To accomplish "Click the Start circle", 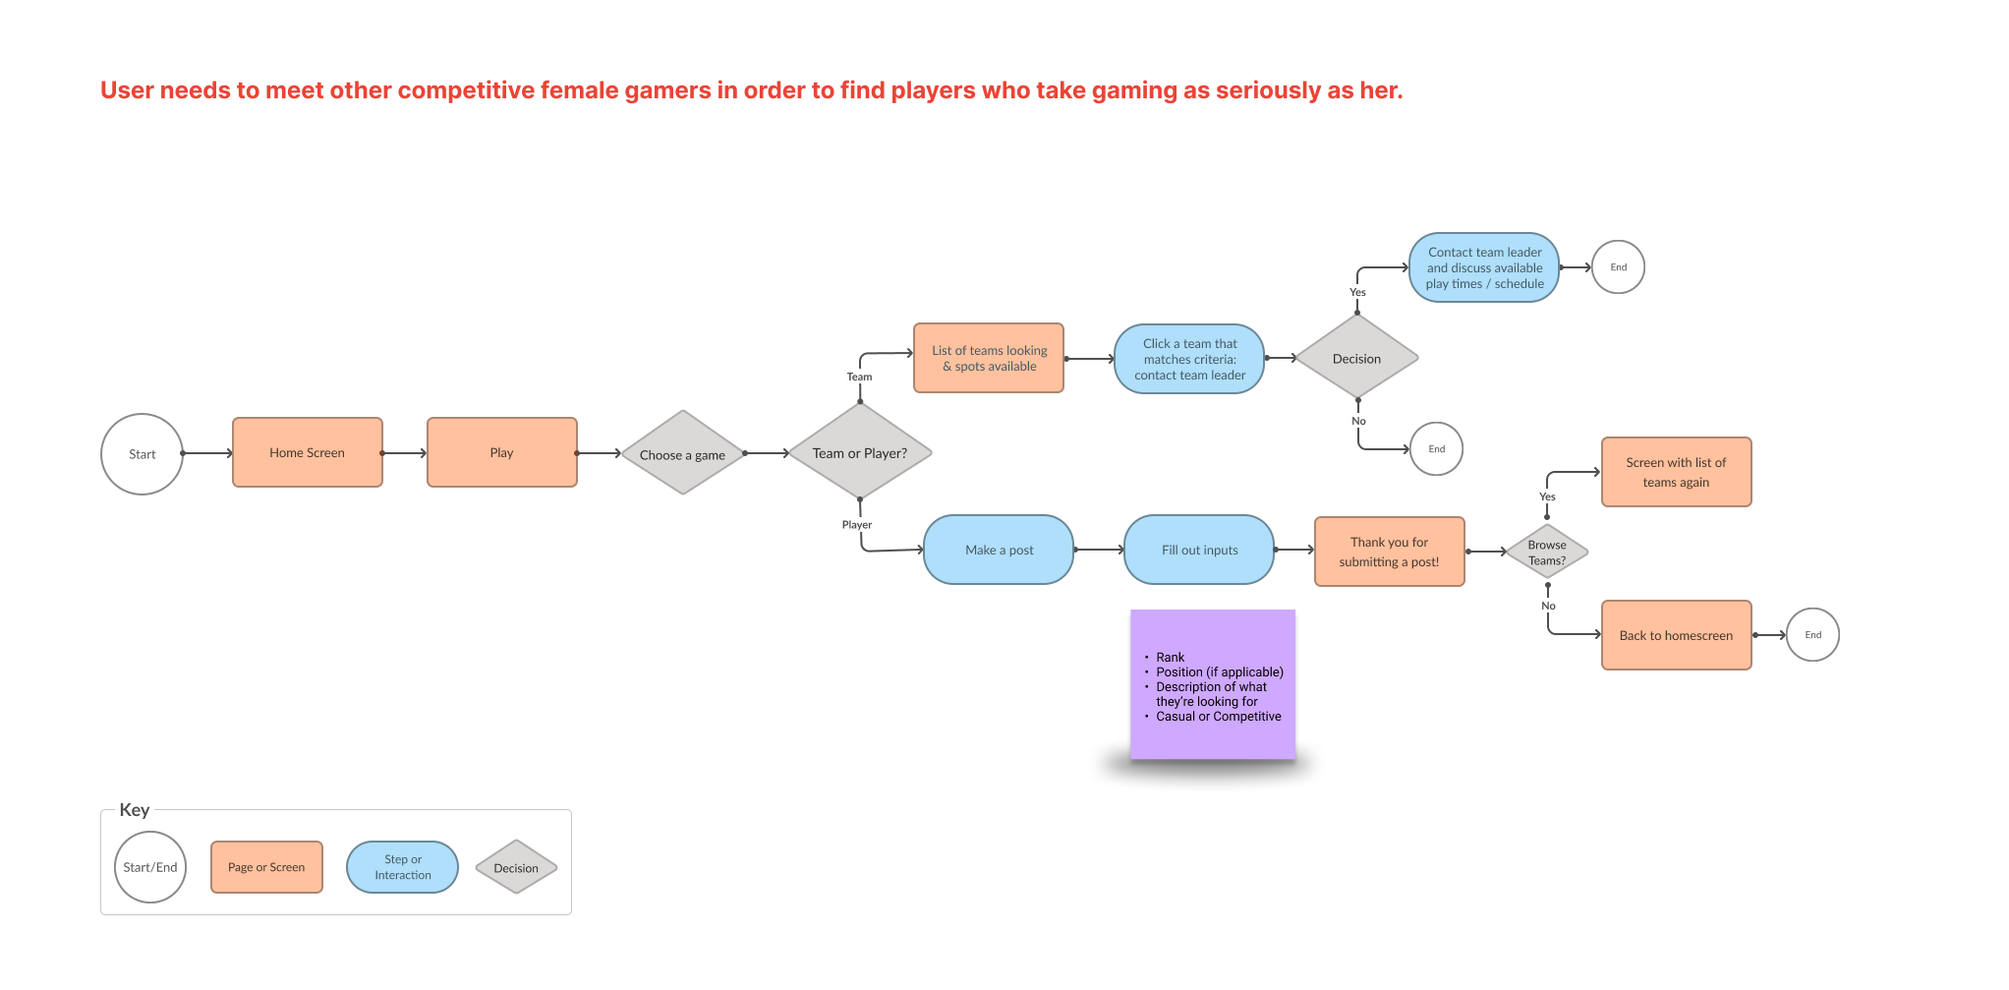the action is pyautogui.click(x=142, y=454).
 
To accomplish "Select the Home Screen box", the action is pyautogui.click(x=307, y=452).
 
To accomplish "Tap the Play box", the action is pyautogui.click(x=501, y=452).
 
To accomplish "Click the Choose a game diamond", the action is pyautogui.click(x=682, y=453).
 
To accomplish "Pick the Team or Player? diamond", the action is pyautogui.click(x=860, y=452).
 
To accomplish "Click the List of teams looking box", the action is pyautogui.click(x=989, y=358).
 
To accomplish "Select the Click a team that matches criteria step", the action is pyautogui.click(x=1189, y=359).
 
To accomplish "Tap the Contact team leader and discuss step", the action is pyautogui.click(x=1484, y=267).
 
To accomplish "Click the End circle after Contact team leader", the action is pyautogui.click(x=1618, y=267).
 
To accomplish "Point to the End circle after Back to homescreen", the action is pyautogui.click(x=1812, y=635).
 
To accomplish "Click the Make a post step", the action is pyautogui.click(x=999, y=550).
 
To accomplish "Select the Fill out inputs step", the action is pyautogui.click(x=1199, y=550).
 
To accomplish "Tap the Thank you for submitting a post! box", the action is pyautogui.click(x=1389, y=552).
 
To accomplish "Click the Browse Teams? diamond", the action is pyautogui.click(x=1547, y=553).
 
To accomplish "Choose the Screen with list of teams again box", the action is pyautogui.click(x=1676, y=472).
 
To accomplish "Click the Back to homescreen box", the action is pyautogui.click(x=1676, y=635).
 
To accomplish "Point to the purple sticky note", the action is pyautogui.click(x=1213, y=684).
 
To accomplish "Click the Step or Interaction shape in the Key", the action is pyautogui.click(x=402, y=867).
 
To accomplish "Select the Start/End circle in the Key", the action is pyautogui.click(x=150, y=867).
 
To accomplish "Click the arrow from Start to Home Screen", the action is pyautogui.click(x=207, y=453).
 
